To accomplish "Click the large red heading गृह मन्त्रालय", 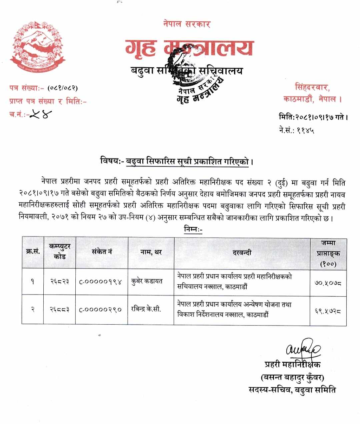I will [x=189, y=48].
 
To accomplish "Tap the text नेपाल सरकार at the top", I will [x=187, y=24].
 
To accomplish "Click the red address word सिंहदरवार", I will [x=312, y=88].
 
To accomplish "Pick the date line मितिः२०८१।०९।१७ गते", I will [x=313, y=117].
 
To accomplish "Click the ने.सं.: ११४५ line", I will [x=296, y=130].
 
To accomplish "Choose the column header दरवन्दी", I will [x=242, y=253].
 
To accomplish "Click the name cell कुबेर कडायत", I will [x=147, y=282].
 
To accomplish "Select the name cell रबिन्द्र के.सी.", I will [x=146, y=309].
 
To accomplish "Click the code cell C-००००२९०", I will [x=100, y=310].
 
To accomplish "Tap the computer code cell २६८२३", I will [x=60, y=282].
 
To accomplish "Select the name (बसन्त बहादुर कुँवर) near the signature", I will [x=292, y=377].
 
